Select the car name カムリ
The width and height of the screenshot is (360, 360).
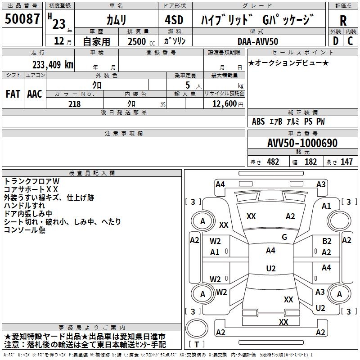[116, 20]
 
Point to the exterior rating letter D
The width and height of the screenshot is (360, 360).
[335, 41]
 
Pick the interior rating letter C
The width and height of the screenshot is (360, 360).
[350, 41]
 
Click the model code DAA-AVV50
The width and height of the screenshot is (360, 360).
[258, 41]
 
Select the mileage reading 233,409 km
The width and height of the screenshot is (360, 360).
[53, 65]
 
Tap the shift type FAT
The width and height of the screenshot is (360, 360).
[13, 94]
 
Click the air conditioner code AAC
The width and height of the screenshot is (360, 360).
[35, 94]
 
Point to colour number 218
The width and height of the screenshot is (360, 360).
[74, 104]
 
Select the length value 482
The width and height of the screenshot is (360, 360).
[273, 162]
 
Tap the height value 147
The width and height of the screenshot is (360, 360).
[346, 162]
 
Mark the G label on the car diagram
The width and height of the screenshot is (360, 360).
[284, 237]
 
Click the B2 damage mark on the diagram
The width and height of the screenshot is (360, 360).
[327, 241]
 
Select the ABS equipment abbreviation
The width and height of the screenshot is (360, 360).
[258, 121]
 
